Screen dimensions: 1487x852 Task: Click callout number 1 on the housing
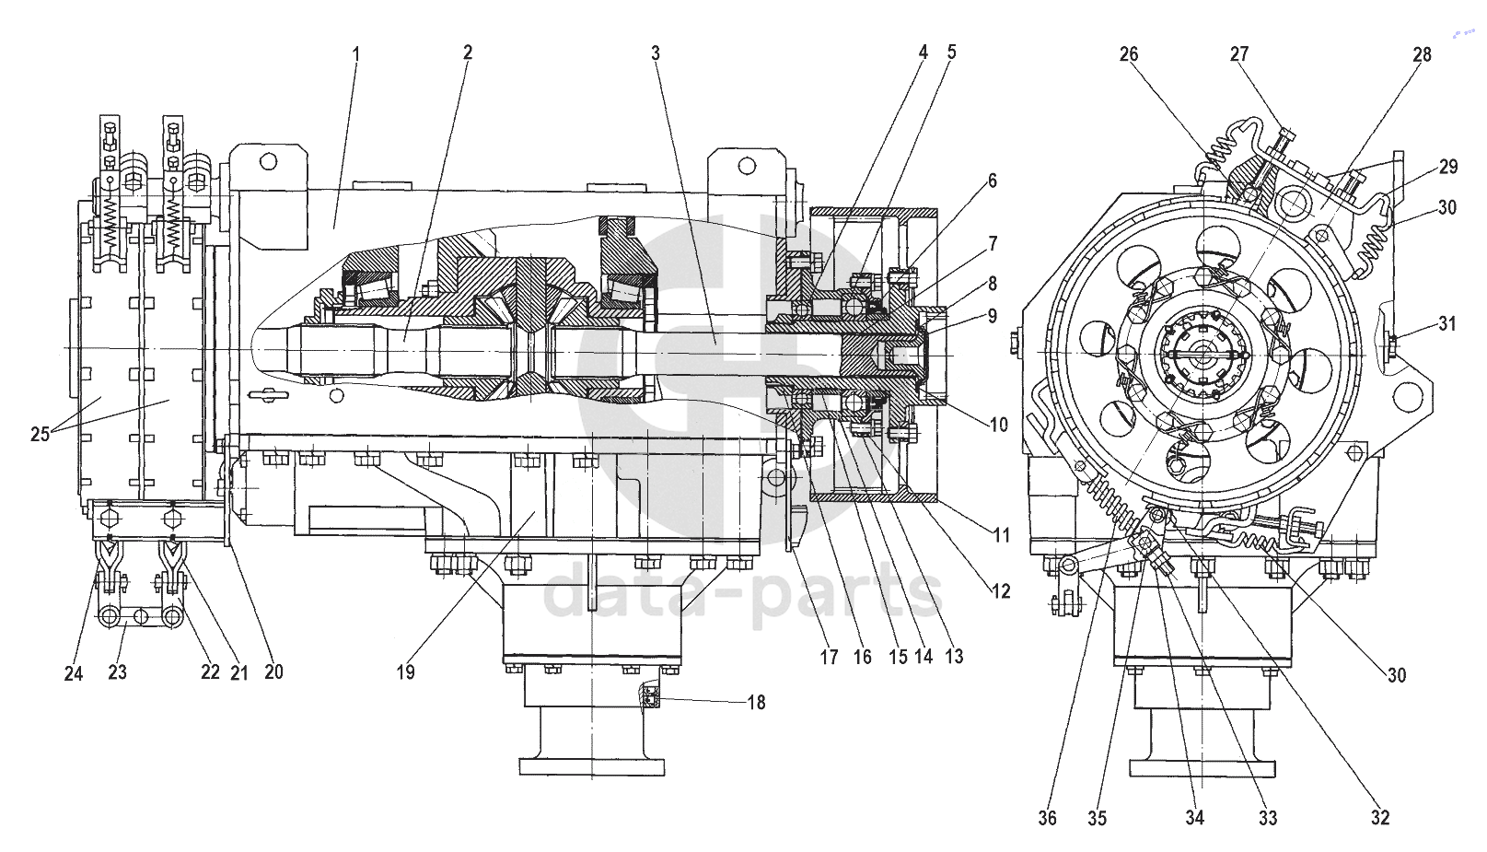tap(356, 53)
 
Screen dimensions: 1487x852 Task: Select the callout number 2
tap(468, 53)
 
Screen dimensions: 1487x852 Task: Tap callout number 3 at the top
tap(656, 53)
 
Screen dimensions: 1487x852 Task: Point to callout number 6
tap(993, 181)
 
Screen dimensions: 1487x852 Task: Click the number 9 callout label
tap(993, 315)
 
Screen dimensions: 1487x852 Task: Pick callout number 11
tap(1002, 534)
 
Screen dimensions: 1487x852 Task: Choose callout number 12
tap(1001, 590)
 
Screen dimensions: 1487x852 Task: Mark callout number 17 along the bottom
tap(830, 657)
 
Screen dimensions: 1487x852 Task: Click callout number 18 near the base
tap(756, 702)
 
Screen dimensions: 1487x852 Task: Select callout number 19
tap(406, 672)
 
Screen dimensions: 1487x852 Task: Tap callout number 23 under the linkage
tap(118, 672)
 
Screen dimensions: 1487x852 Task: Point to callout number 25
tap(40, 435)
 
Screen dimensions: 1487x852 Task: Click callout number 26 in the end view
tap(1129, 53)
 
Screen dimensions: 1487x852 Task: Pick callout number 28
tap(1422, 54)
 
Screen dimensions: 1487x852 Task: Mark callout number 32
tap(1380, 818)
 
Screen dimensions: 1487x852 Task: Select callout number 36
tap(1048, 818)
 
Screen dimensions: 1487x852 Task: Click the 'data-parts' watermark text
tap(744, 593)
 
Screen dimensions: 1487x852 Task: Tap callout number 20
tap(273, 672)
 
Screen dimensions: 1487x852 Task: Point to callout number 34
tap(1194, 818)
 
